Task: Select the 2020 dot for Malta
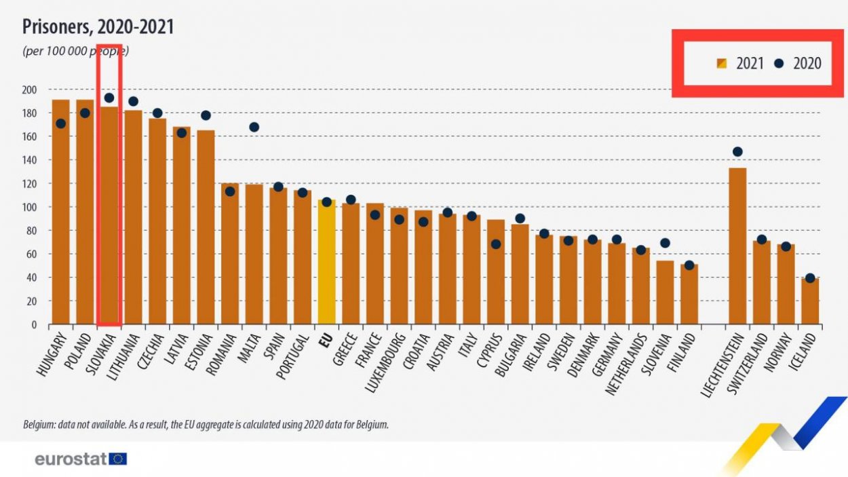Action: pos(254,127)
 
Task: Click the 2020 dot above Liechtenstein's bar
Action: pos(737,152)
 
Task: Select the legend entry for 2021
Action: pos(740,64)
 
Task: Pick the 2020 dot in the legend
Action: pos(779,64)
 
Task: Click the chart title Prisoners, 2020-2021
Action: pos(98,26)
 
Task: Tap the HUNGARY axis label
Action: pos(52,358)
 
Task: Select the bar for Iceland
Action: pos(810,301)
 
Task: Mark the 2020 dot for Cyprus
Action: pos(496,244)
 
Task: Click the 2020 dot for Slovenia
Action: pos(666,243)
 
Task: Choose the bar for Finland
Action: pos(689,294)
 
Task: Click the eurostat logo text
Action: pos(71,459)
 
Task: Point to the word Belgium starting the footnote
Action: pos(39,425)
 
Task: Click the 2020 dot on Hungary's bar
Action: pos(61,123)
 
